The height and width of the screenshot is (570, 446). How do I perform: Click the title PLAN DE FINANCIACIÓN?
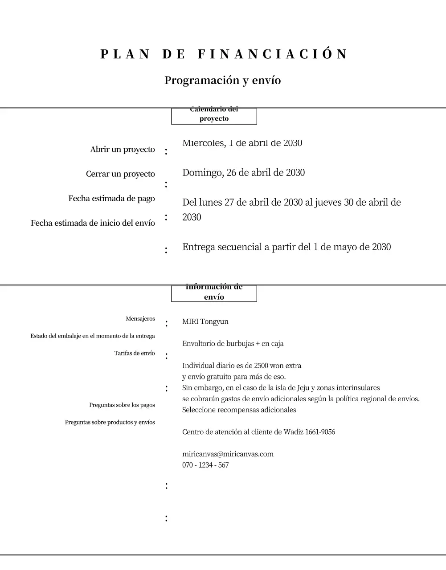pyautogui.click(x=223, y=54)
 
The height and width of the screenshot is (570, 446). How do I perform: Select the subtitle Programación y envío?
pyautogui.click(x=222, y=81)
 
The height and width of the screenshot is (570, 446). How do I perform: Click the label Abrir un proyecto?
pyautogui.click(x=123, y=150)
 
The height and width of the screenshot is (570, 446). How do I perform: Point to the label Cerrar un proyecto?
pyautogui.click(x=120, y=174)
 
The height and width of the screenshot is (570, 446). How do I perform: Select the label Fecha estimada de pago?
pyautogui.click(x=111, y=199)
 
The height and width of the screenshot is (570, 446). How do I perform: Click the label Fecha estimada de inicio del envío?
pyautogui.click(x=93, y=223)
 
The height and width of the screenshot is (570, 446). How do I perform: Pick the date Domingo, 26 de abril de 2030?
pyautogui.click(x=243, y=173)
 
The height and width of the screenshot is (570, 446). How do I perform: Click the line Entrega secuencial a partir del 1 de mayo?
pyautogui.click(x=286, y=247)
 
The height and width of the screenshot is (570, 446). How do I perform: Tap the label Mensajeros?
pyautogui.click(x=140, y=319)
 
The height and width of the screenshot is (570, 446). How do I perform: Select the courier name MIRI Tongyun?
pyautogui.click(x=205, y=322)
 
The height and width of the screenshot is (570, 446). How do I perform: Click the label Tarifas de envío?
pyautogui.click(x=135, y=353)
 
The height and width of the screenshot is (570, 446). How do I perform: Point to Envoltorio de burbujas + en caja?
pyautogui.click(x=233, y=344)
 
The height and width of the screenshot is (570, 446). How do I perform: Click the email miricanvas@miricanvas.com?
pyautogui.click(x=228, y=454)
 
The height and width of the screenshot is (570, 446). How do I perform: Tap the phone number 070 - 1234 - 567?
pyautogui.click(x=205, y=465)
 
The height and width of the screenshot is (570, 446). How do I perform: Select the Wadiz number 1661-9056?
pyautogui.click(x=320, y=432)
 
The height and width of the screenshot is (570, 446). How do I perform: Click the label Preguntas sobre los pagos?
pyautogui.click(x=122, y=405)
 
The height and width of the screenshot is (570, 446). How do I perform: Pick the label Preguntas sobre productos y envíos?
pyautogui.click(x=110, y=422)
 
